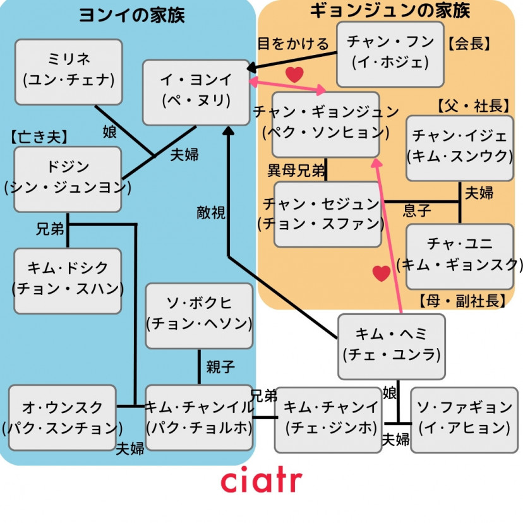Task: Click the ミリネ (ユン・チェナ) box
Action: [x=68, y=71]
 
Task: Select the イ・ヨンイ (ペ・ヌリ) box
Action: [x=196, y=92]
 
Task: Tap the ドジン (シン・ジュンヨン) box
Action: [x=68, y=179]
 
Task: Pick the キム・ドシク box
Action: [x=68, y=280]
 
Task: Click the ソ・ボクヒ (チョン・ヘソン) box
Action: [x=199, y=315]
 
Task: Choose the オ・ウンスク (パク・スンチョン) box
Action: [x=63, y=418]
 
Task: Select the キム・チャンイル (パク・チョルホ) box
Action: [x=199, y=418]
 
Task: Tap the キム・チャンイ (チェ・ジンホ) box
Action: [x=328, y=418]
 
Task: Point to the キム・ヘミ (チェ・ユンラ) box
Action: [x=392, y=346]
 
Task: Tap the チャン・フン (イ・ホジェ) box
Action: [x=390, y=54]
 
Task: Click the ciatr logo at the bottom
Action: [x=261, y=480]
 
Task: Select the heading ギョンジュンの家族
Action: [x=390, y=11]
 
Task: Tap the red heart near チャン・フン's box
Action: [x=294, y=75]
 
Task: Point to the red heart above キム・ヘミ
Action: [x=381, y=273]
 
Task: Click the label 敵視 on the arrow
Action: [x=210, y=213]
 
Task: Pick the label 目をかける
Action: [x=293, y=44]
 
